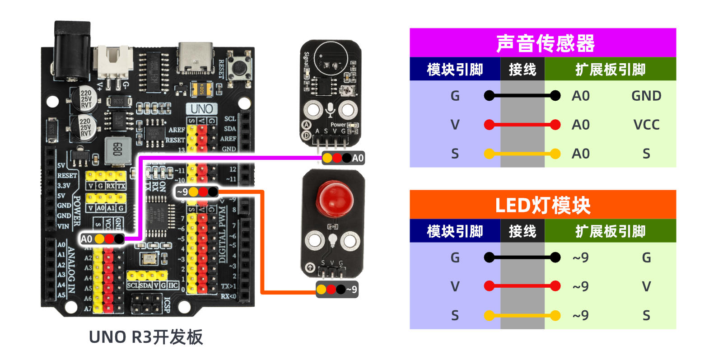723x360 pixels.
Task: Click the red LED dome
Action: coord(335,199)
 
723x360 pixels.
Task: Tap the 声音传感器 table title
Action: coord(545,43)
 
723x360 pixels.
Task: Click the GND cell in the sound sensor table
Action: coord(646,96)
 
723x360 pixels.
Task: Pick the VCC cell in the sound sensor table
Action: coord(646,125)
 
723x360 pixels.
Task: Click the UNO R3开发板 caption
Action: coord(145,337)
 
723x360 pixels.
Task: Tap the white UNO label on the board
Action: coord(201,109)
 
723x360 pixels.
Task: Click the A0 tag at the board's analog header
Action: coord(86,239)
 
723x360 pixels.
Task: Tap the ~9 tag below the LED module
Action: coord(351,290)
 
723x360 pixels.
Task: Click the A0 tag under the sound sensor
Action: coord(358,158)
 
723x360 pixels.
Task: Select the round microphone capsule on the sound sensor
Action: coord(331,60)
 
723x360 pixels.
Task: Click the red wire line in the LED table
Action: coord(522,286)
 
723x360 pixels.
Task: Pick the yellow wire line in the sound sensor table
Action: coord(522,154)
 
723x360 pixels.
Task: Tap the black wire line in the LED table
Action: coord(522,257)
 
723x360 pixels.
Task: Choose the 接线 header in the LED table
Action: coord(522,231)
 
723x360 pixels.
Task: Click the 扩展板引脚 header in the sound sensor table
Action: coord(610,70)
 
